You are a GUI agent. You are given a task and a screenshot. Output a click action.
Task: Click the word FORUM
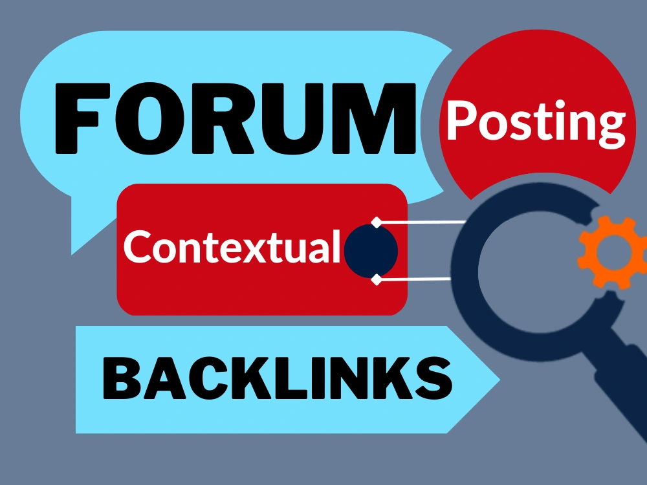click(236, 118)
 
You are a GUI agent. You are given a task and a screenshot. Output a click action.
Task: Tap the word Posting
click(536, 122)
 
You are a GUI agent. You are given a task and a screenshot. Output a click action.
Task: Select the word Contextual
click(232, 246)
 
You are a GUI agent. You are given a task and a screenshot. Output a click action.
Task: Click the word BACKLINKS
click(278, 378)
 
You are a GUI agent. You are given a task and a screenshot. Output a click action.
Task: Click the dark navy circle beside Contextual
click(371, 251)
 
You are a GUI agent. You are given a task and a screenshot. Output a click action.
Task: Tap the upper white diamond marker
click(377, 222)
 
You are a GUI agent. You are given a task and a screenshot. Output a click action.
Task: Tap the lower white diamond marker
click(377, 279)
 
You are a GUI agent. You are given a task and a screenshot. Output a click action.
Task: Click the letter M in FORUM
click(374, 118)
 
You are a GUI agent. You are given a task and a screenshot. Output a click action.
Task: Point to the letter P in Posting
click(462, 119)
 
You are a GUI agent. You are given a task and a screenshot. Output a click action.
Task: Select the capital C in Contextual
click(138, 246)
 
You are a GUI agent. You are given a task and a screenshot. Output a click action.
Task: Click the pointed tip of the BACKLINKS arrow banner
click(499, 380)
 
